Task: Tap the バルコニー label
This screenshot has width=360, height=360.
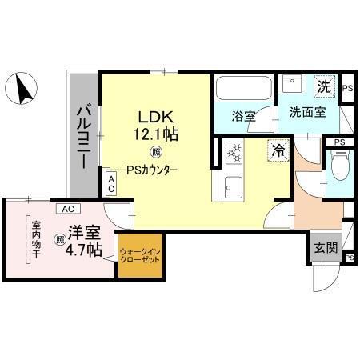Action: point(83,137)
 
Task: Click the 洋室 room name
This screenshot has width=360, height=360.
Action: point(84,233)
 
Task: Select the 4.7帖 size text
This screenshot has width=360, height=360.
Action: point(82,250)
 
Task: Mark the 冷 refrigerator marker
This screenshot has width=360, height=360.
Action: point(277,149)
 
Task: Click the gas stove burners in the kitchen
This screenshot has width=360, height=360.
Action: point(234,150)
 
